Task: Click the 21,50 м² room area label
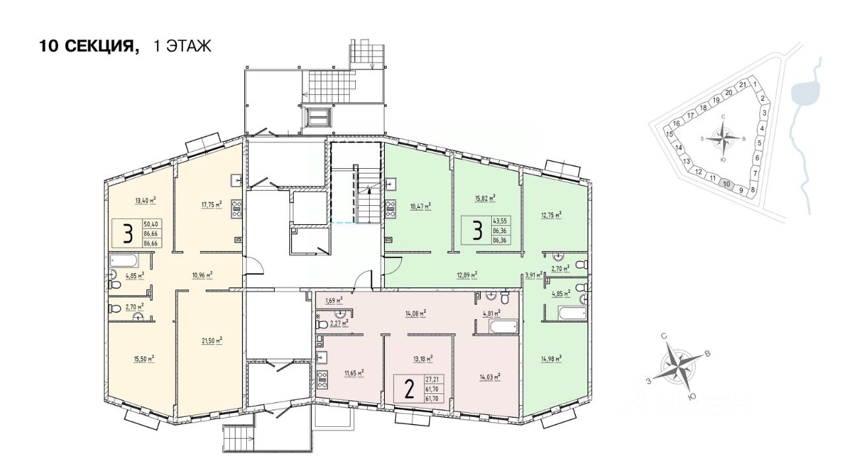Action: (211, 340)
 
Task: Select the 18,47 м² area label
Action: (421, 206)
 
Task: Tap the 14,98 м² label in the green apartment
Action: (551, 358)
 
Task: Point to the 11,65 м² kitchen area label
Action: (354, 372)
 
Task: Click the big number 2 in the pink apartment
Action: (409, 389)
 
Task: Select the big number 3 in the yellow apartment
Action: (128, 234)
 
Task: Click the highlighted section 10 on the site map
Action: (726, 184)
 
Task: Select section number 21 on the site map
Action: (743, 84)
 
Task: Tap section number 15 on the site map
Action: (669, 134)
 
